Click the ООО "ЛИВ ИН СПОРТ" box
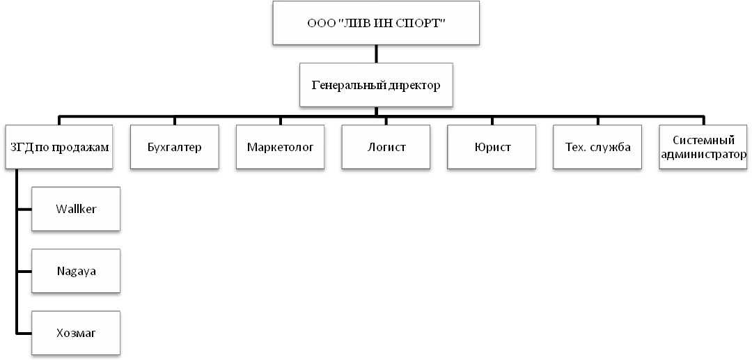click(x=376, y=23)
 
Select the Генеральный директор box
click(x=376, y=85)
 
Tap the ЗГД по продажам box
click(x=59, y=147)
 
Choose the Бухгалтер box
click(x=175, y=147)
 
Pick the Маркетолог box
click(x=280, y=147)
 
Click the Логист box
click(x=386, y=147)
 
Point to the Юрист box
click(x=492, y=147)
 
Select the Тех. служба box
click(x=597, y=147)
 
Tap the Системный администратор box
click(x=703, y=147)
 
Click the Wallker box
click(x=76, y=209)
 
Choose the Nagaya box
click(x=76, y=271)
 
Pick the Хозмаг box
click(x=76, y=333)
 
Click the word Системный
click(x=703, y=141)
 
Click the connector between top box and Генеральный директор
click(x=376, y=54)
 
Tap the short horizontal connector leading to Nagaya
click(x=24, y=272)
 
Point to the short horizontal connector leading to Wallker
click(x=24, y=209)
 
